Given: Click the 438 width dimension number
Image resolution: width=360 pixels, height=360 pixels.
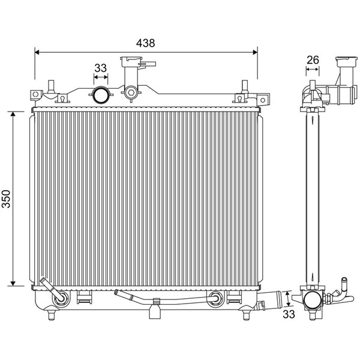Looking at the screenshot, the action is (146, 43).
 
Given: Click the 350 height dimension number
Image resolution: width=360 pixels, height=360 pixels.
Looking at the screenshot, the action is (6, 199).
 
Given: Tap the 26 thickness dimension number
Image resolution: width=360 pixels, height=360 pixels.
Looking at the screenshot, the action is (313, 60).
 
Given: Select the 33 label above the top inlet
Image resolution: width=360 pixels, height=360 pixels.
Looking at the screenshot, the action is (101, 68).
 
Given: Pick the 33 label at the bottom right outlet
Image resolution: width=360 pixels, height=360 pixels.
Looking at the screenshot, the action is (289, 314).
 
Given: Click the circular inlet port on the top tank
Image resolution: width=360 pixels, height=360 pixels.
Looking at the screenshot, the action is (100, 95).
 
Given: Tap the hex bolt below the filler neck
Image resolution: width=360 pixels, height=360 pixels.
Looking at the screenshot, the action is (131, 92).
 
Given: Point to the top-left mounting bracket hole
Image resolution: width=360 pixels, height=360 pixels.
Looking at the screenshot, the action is (35, 94).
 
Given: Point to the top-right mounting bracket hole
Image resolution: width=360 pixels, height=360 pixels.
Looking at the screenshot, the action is (263, 100).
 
